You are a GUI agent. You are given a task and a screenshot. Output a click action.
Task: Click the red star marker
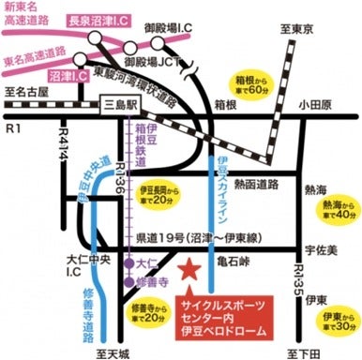tap(188, 271)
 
